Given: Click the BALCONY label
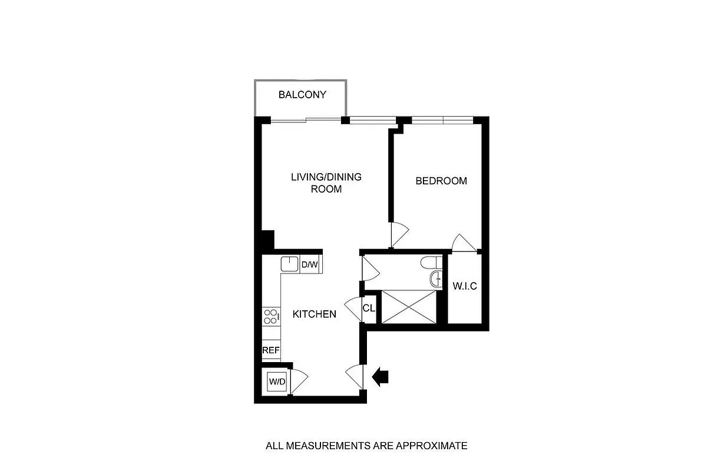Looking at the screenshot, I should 302,95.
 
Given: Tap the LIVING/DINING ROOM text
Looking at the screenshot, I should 326,183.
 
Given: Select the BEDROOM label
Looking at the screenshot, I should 441,181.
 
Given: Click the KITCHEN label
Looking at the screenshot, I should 315,314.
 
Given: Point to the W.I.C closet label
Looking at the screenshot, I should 464,287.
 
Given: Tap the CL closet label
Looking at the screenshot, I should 369,308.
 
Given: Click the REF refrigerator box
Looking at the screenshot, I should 270,350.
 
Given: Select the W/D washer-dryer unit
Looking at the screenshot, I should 277,382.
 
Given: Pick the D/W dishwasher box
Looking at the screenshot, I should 310,265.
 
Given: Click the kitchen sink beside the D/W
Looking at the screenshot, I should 290,264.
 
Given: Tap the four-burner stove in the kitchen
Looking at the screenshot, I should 270,317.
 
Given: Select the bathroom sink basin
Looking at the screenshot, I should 435,279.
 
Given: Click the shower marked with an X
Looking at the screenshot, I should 410,306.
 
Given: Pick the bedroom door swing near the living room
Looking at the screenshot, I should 398,234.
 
